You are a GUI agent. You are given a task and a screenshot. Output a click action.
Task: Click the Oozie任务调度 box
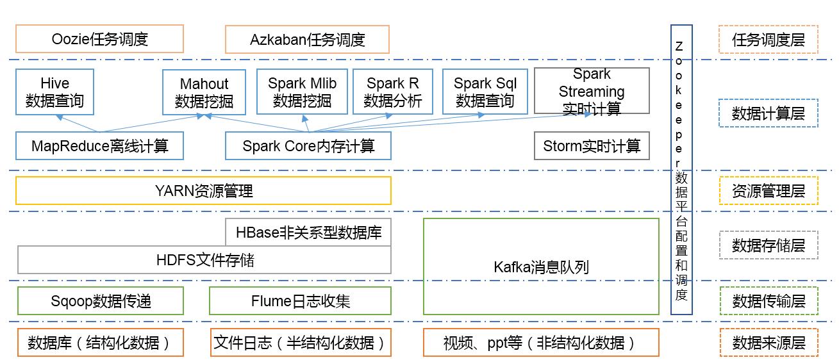click(x=99, y=39)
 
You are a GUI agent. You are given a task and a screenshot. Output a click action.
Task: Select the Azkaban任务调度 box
click(x=307, y=39)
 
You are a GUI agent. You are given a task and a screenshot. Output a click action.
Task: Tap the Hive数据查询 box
click(x=54, y=92)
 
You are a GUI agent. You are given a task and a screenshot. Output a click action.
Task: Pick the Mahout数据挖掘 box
click(x=204, y=92)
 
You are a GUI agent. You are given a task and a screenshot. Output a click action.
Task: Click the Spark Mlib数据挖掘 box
click(x=302, y=92)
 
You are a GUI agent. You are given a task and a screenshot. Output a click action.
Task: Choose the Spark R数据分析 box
click(x=393, y=92)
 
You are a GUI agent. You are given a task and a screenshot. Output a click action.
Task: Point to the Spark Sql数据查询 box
click(x=485, y=92)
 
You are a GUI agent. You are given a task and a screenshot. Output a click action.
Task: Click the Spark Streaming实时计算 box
click(x=592, y=92)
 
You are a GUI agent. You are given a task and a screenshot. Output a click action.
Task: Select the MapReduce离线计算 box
click(x=99, y=146)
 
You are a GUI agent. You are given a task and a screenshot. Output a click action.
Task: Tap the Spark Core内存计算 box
click(x=308, y=146)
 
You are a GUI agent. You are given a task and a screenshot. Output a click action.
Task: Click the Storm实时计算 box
click(x=592, y=146)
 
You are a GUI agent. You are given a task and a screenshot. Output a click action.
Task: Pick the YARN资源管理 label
click(x=204, y=191)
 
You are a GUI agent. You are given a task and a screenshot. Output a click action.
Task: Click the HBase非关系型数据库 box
click(x=308, y=232)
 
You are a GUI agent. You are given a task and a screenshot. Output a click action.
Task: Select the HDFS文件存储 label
click(x=205, y=260)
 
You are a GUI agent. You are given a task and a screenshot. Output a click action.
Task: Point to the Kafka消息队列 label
click(x=541, y=266)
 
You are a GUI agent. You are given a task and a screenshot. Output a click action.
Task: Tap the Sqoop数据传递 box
click(x=101, y=301)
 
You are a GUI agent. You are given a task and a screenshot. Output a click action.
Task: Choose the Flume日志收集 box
click(x=300, y=301)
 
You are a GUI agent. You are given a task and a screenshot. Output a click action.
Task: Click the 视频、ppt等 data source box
click(x=541, y=343)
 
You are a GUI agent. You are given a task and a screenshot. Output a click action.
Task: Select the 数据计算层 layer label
click(x=768, y=113)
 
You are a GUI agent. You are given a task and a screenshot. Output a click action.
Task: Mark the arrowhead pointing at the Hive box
click(x=59, y=118)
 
